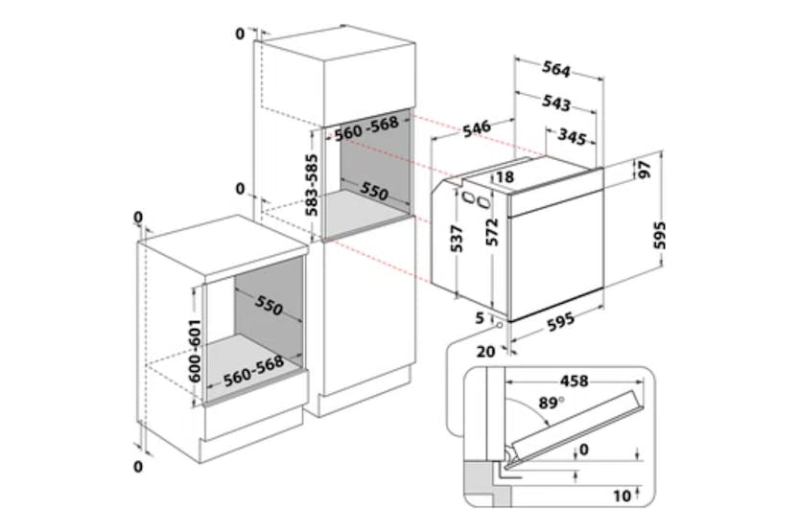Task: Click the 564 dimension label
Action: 556,70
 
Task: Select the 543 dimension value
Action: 556,104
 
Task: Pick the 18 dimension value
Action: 505,176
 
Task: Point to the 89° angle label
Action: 549,404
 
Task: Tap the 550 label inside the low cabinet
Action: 269,307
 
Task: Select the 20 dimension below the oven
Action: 485,351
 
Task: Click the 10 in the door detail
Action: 625,496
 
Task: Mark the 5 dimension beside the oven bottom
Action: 479,317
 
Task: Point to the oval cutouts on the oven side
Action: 470,198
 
